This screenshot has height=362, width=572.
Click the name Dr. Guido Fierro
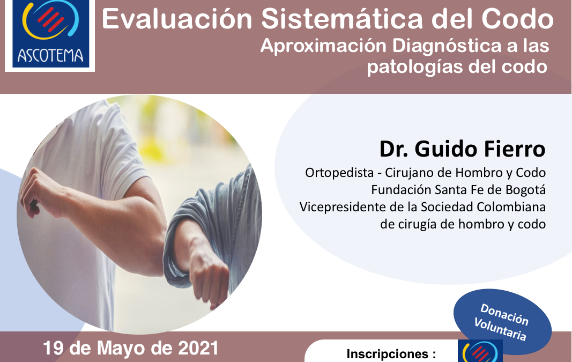[462, 149]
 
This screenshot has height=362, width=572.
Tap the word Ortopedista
[339, 173]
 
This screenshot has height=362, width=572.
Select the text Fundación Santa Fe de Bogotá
[458, 190]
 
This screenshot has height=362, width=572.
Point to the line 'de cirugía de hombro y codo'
[463, 224]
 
